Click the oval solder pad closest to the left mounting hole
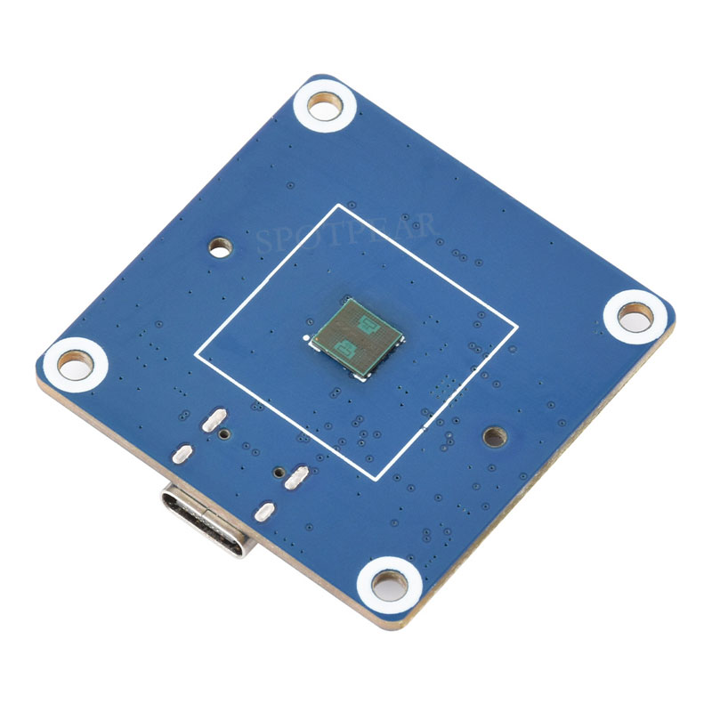pyautogui.click(x=182, y=453)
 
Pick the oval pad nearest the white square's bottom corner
pyautogui.click(x=297, y=478)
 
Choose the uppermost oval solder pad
pyautogui.click(x=214, y=420)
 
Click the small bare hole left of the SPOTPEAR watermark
pyautogui.click(x=218, y=245)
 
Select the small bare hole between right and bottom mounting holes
pyautogui.click(x=492, y=436)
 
